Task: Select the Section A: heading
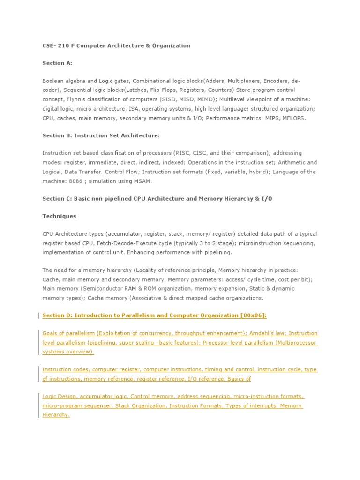(57, 63)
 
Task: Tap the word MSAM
(142, 181)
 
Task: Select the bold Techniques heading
(59, 216)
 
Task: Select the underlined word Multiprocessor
(293, 343)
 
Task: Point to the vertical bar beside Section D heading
(38, 315)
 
